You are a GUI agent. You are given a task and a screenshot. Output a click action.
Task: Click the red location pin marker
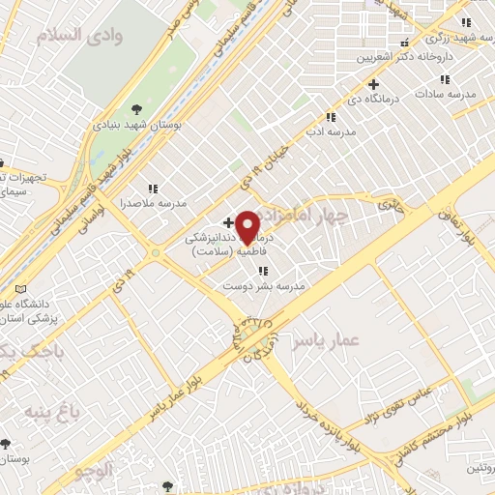point(247,227)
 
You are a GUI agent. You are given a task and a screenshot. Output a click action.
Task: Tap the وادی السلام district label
point(70,37)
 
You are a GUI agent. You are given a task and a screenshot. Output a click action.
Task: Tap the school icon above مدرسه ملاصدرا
point(152,189)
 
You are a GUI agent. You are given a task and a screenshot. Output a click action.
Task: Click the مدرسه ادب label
point(338,129)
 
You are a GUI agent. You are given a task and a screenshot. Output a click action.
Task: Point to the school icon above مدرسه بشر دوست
point(262,271)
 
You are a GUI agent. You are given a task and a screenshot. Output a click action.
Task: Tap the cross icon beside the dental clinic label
point(228,222)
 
